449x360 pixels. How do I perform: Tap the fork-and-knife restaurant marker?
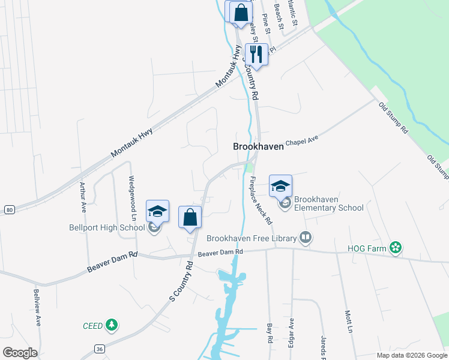pyautogui.click(x=256, y=55)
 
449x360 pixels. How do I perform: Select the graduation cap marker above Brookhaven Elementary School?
pyautogui.click(x=280, y=187)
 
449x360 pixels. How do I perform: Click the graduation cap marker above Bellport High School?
pyautogui.click(x=157, y=212)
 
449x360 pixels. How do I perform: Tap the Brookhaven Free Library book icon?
pyautogui.click(x=306, y=238)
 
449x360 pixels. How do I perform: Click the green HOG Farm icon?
pyautogui.click(x=395, y=247)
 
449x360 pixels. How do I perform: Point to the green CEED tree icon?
pyautogui.click(x=111, y=325)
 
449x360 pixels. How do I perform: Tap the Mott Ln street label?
pyautogui.click(x=348, y=321)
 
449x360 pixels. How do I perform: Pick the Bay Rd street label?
pyautogui.click(x=270, y=334)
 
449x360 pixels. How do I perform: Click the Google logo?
pyautogui.click(x=19, y=352)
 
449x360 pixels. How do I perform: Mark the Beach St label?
pyautogui.click(x=278, y=15)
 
